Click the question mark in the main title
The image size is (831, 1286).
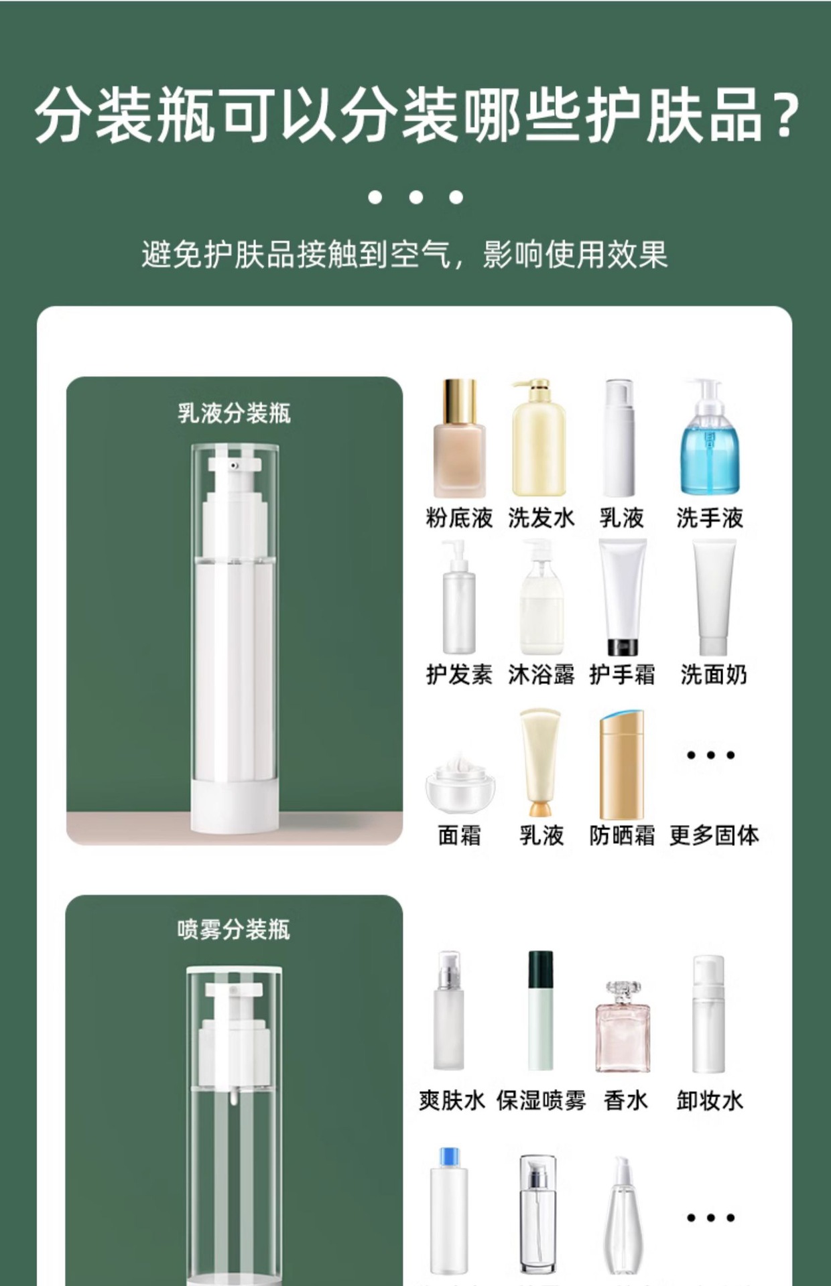[782, 115]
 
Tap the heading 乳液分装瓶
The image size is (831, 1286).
[234, 413]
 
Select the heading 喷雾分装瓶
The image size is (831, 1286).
[234, 930]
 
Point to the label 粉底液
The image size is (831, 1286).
[459, 518]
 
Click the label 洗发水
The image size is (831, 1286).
[541, 518]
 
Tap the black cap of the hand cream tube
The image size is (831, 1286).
[623, 647]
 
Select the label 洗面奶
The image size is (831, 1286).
[714, 674]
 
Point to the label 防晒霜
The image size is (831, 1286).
[622, 835]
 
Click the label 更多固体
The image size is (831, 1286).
[714, 835]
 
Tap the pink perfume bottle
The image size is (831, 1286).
[623, 1027]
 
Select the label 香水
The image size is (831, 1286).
[625, 1100]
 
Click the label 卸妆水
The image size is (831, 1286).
[710, 1100]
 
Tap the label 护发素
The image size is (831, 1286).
[459, 674]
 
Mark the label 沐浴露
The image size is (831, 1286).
[541, 674]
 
